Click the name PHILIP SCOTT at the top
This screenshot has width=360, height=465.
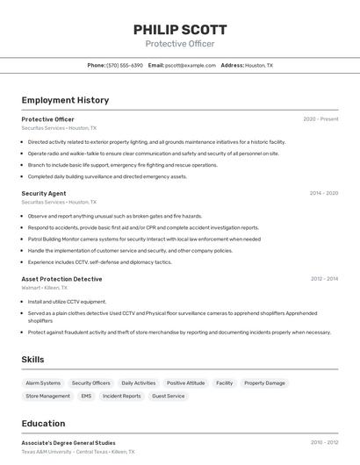179,29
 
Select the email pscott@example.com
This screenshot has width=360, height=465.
188,65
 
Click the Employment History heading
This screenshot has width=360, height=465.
65,100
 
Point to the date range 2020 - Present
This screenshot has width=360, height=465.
320,119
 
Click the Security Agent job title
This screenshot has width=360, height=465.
44,193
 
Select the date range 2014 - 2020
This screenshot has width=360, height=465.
323,193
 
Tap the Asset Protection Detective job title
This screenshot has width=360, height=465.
61,279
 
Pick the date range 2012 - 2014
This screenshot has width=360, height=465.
324,279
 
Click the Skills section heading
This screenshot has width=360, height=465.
32,360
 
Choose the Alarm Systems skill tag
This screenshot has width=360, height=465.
43,383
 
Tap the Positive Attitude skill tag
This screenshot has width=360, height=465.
185,383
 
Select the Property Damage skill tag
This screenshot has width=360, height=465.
264,383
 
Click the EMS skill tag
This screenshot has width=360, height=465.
86,397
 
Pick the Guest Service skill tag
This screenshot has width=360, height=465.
169,397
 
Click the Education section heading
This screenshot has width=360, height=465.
43,423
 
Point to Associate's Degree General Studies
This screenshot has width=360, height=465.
68,443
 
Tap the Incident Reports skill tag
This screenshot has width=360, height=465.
122,397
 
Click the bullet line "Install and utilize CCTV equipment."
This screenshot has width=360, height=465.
67,301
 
